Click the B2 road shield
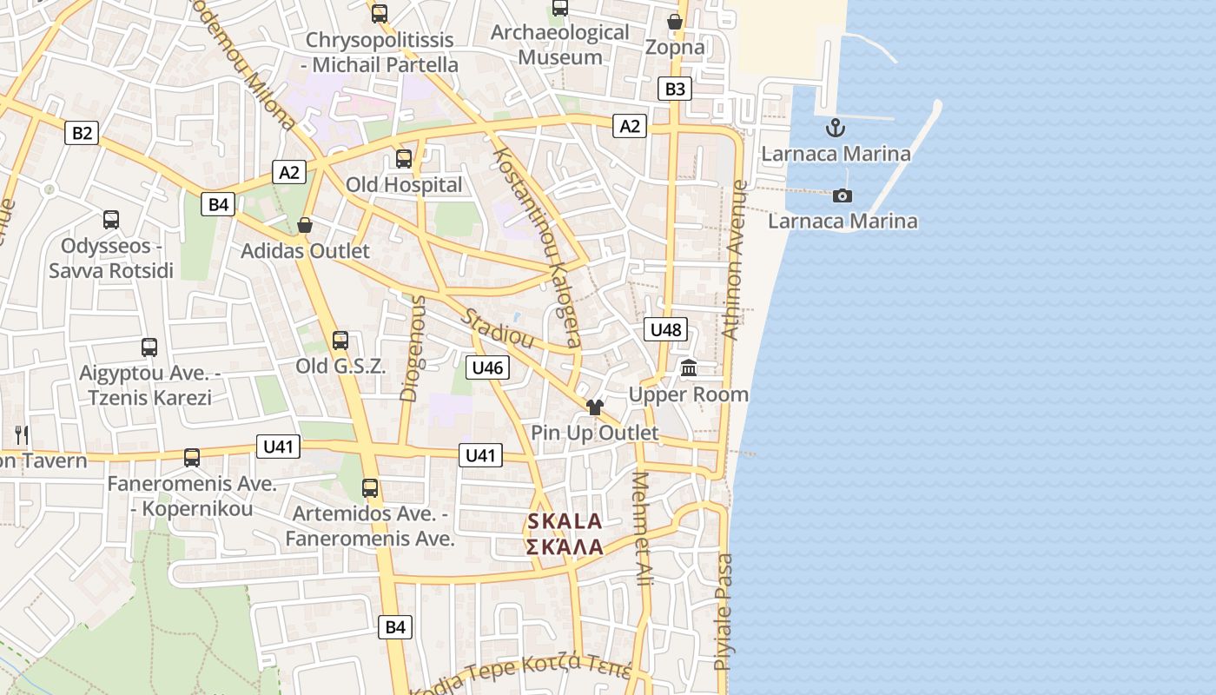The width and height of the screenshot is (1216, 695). coord(82,133)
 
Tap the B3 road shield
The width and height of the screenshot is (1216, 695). coord(675,89)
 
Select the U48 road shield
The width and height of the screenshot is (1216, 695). coord(666,329)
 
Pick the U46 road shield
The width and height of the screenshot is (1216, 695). coord(487,367)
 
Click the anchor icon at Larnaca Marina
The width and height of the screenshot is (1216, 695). coord(836,129)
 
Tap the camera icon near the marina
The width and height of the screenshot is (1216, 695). coord(842,195)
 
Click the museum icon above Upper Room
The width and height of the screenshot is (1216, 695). coord(690,368)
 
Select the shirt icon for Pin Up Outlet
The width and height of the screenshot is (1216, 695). coord(594,407)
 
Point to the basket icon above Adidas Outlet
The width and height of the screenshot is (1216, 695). coord(305,226)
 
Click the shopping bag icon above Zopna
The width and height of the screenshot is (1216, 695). coord(675,22)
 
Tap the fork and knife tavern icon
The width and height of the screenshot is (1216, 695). coord(22,434)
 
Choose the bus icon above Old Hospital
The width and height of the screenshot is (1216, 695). coord(404,159)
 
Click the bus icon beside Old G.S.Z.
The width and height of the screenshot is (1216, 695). coord(340,341)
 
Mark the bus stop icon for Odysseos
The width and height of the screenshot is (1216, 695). coord(111,220)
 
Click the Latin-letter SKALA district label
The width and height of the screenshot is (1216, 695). coord(565,521)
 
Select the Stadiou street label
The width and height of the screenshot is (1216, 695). coord(497,327)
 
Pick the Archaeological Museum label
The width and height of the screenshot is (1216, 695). coord(559,44)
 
